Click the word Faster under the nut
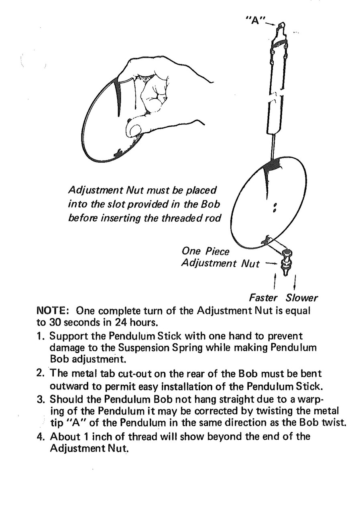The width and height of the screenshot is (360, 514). pos(263,298)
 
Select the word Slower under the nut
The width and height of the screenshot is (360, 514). pos(301,298)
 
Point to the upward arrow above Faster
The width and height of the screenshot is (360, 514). pos(275,282)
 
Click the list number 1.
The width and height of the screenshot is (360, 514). pos(39,335)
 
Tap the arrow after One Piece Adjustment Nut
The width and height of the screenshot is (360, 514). pos(271,264)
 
